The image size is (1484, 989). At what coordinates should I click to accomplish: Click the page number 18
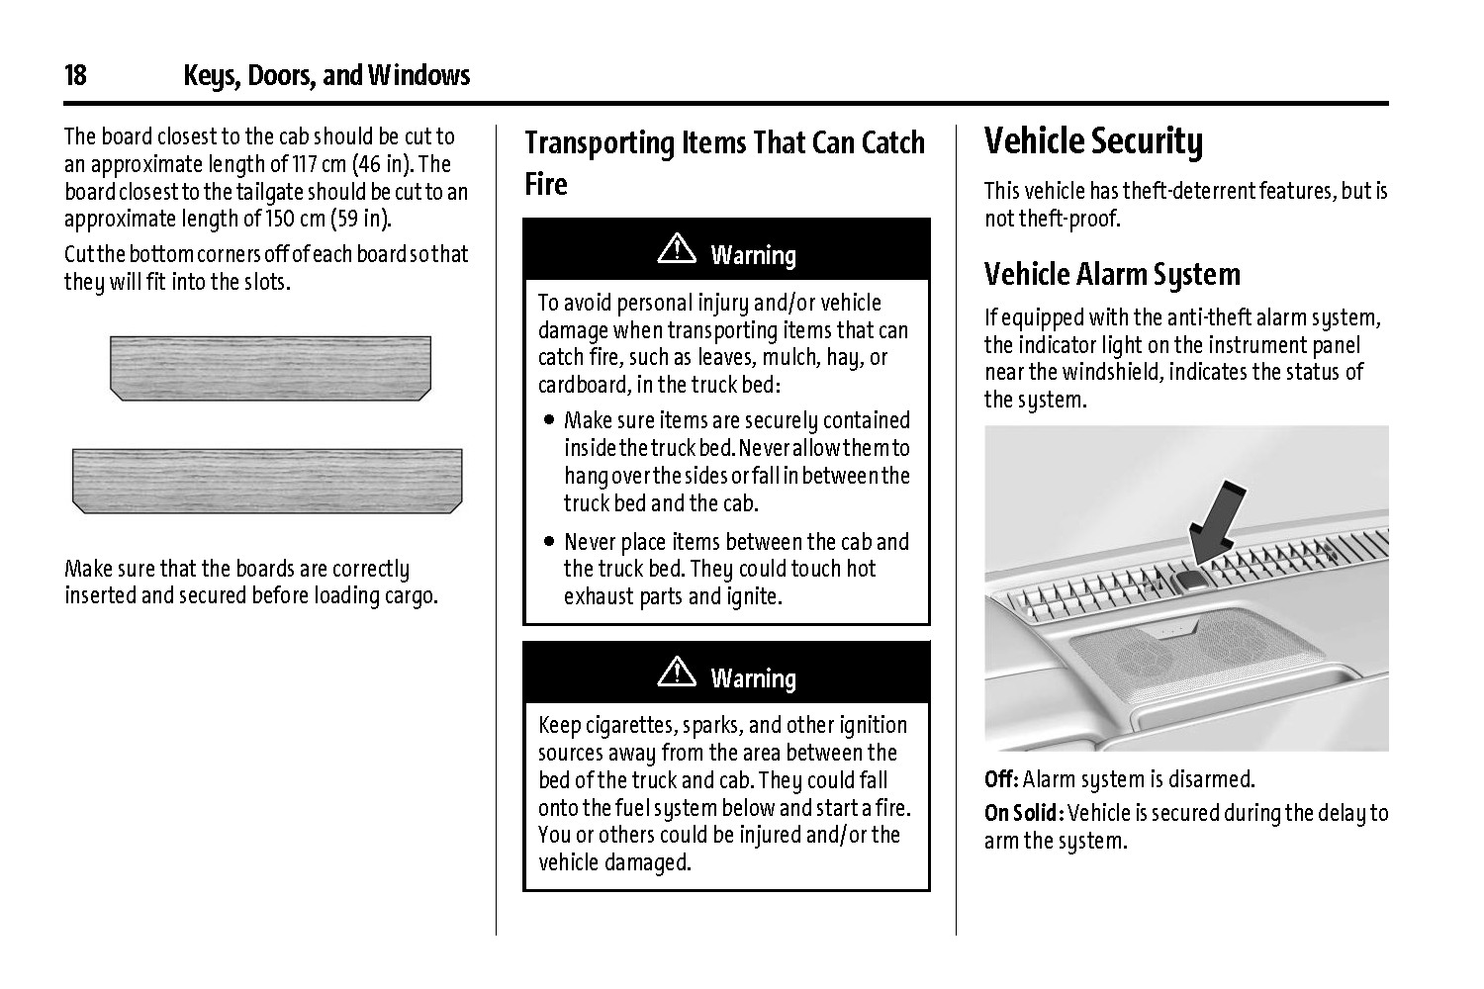tap(75, 75)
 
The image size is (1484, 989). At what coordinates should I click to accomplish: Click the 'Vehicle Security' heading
tap(1093, 141)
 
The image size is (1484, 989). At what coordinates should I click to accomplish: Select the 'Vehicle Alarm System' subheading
tap(1112, 274)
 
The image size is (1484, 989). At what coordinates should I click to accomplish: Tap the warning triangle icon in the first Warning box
tap(677, 249)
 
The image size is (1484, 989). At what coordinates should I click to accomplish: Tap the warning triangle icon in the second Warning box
tap(677, 673)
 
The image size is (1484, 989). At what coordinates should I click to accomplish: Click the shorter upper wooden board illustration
tap(270, 368)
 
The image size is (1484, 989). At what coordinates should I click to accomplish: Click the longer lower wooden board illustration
tap(267, 481)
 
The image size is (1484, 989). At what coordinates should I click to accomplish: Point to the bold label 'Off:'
tap(1001, 779)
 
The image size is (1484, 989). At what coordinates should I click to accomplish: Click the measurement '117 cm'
tap(315, 164)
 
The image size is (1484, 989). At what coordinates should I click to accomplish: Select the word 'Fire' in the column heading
tap(546, 184)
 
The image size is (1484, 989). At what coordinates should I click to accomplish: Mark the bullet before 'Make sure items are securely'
tap(549, 421)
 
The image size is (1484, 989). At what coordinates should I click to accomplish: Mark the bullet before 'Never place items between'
tap(549, 542)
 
